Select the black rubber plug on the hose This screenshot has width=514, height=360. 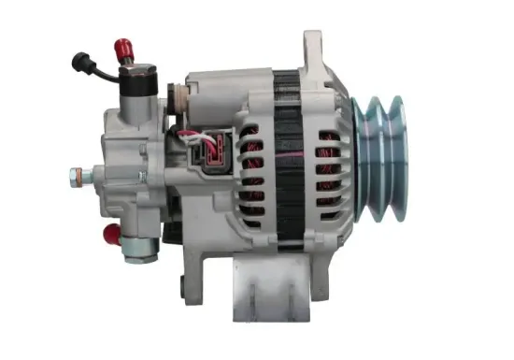click(x=78, y=61)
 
